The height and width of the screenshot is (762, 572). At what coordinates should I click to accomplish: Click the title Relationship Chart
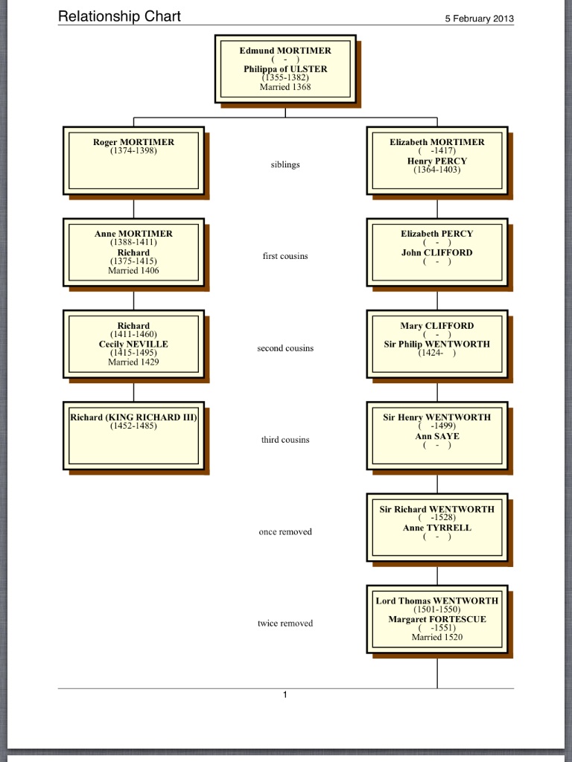click(x=119, y=16)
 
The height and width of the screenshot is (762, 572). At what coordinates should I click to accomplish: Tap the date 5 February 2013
click(x=479, y=19)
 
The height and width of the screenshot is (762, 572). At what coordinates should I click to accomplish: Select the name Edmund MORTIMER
click(x=285, y=51)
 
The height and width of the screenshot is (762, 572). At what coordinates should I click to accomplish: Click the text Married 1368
click(x=285, y=87)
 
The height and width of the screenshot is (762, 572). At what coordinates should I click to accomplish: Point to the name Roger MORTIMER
click(x=134, y=142)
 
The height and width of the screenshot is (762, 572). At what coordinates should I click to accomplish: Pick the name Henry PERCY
click(x=437, y=161)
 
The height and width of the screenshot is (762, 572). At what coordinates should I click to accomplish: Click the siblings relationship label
click(x=285, y=164)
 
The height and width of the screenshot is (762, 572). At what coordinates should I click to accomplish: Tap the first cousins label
click(x=285, y=256)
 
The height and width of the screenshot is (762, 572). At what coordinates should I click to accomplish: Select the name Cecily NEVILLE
click(x=134, y=344)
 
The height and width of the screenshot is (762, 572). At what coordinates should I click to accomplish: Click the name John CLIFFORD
click(x=437, y=253)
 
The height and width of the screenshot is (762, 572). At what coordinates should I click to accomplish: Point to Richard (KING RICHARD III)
click(x=134, y=417)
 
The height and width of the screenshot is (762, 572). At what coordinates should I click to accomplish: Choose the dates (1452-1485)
click(x=134, y=426)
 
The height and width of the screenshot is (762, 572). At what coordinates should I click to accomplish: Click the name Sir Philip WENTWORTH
click(x=437, y=344)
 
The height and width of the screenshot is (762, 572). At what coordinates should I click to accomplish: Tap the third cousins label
click(x=285, y=440)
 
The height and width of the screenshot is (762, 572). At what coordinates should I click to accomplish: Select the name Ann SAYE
click(x=437, y=436)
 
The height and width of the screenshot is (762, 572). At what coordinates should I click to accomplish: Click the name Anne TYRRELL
click(x=437, y=528)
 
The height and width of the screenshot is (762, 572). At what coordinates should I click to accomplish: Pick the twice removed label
click(x=285, y=624)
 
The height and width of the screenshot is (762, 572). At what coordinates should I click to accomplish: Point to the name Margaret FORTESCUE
click(x=437, y=619)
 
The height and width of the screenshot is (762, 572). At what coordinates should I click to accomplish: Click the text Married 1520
click(x=437, y=637)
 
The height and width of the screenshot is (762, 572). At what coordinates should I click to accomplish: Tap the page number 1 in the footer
click(x=285, y=695)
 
